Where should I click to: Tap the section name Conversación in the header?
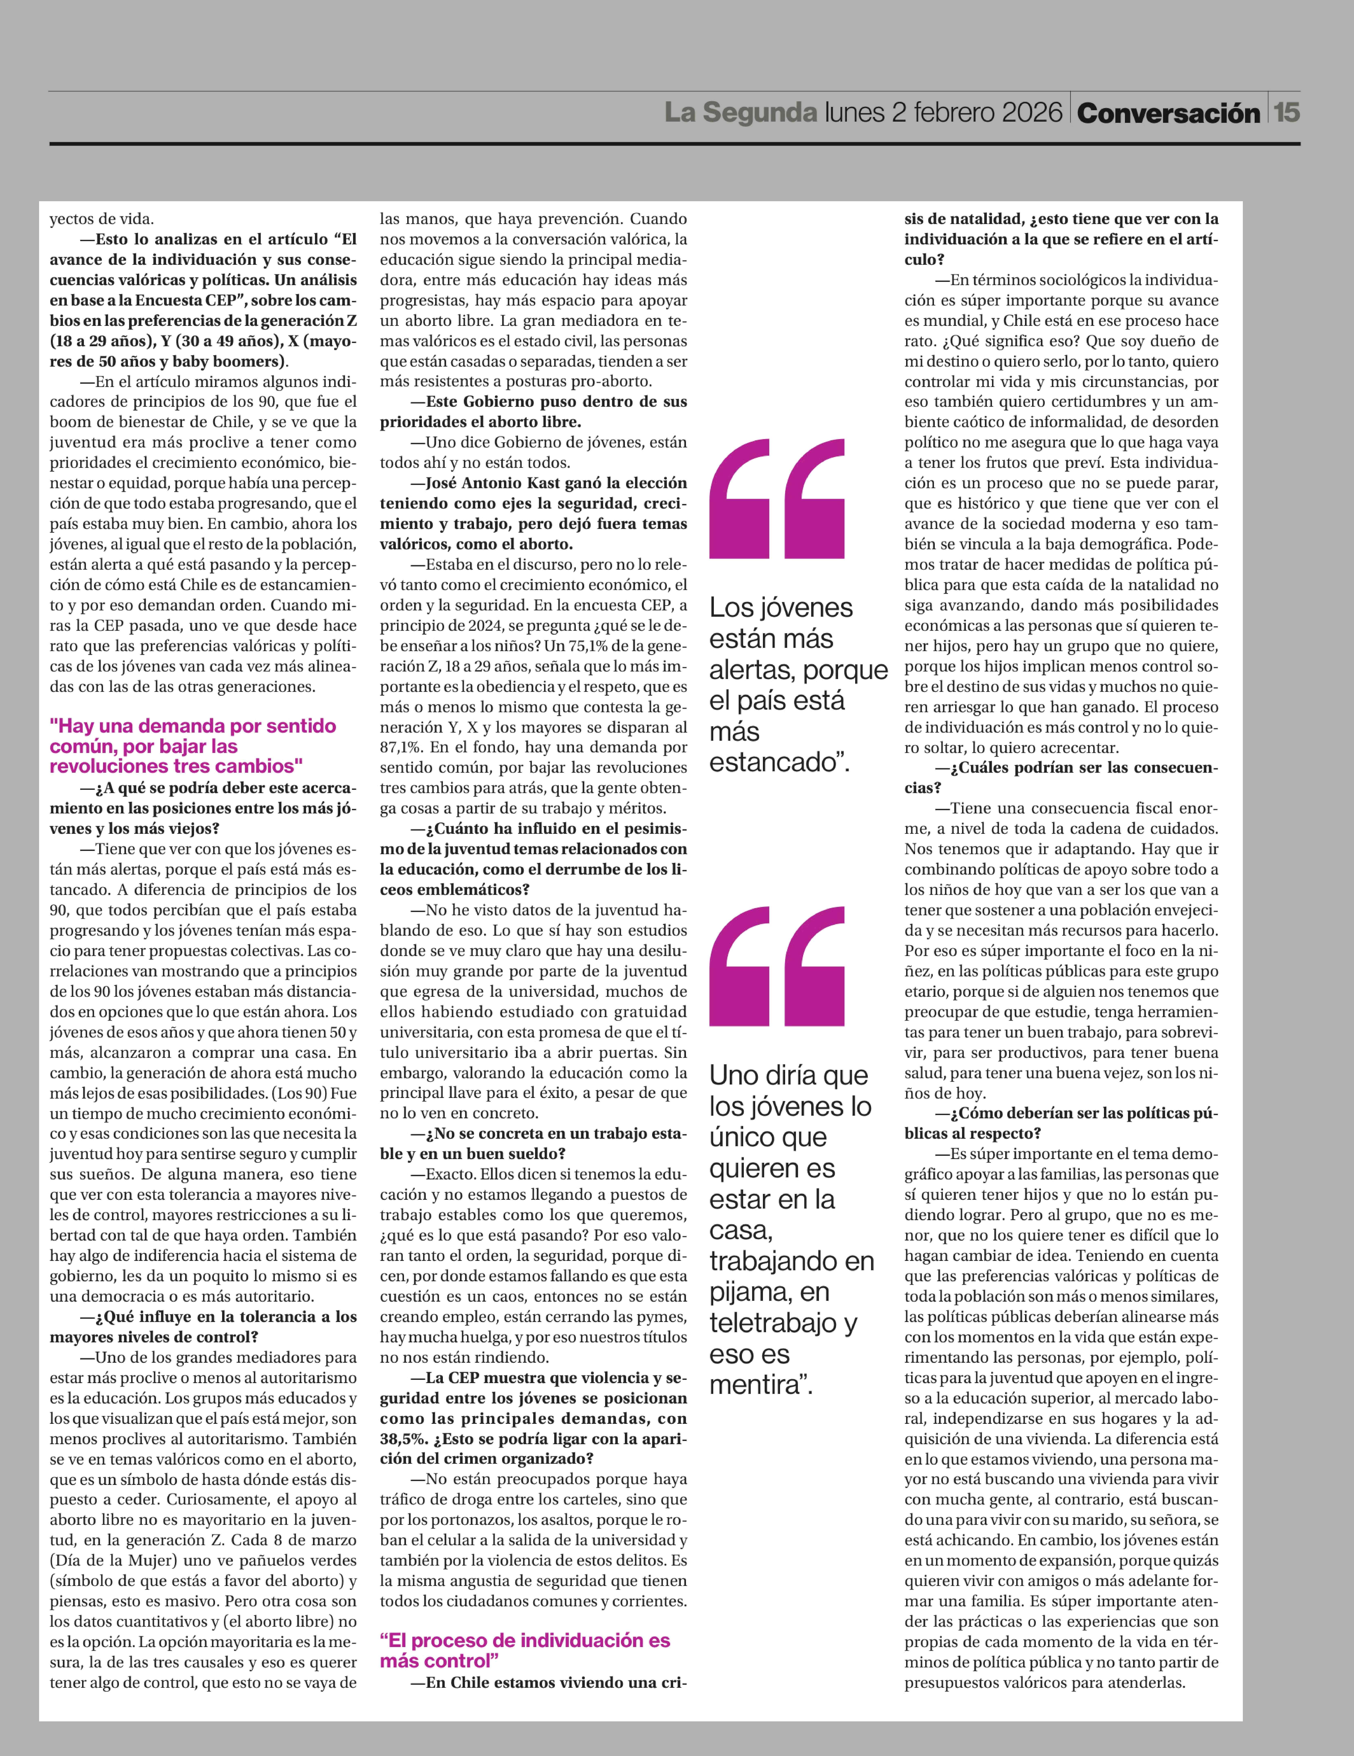(x=1168, y=113)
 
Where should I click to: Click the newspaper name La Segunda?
(x=741, y=113)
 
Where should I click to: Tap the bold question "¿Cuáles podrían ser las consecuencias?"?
(x=1061, y=778)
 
